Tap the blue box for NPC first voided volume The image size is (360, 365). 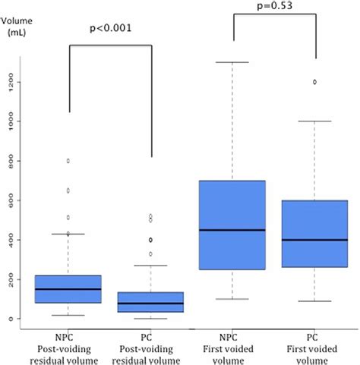232,225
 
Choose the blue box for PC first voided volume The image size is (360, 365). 314,234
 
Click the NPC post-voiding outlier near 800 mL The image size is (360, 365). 68,161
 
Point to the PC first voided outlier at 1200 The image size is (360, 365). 314,82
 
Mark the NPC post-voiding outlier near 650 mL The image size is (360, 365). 68,190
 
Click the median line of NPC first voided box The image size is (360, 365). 232,230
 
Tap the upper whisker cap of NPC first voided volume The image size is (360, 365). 232,62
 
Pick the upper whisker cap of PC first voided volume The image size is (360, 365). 314,121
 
